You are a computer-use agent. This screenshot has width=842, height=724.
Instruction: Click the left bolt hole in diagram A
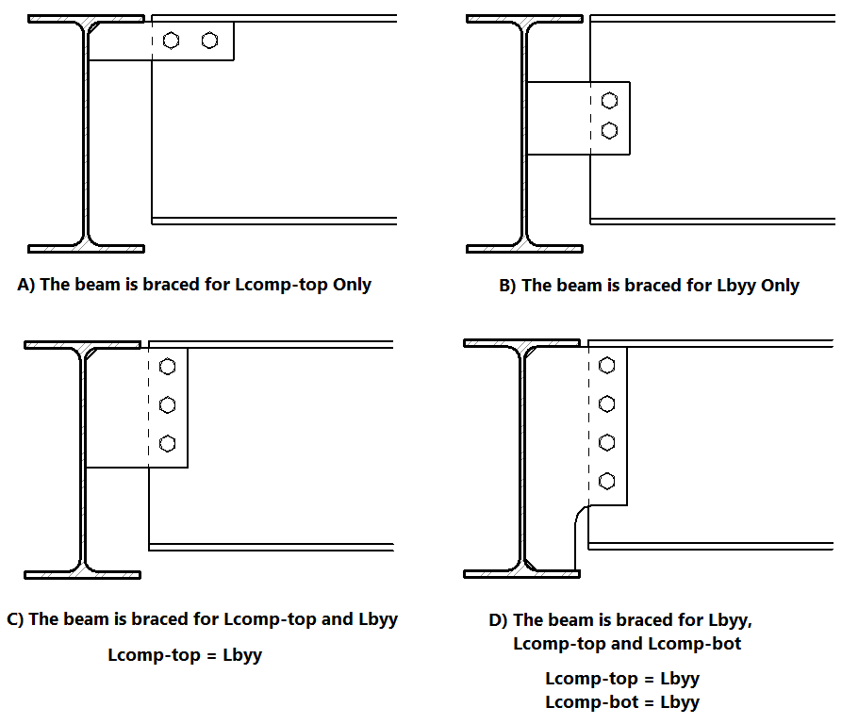click(171, 41)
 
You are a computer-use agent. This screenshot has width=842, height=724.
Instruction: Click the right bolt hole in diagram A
click(209, 41)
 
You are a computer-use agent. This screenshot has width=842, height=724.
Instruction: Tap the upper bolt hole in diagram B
click(609, 100)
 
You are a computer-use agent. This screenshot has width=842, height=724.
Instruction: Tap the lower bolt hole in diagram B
click(609, 130)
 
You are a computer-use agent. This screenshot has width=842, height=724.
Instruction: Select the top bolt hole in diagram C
click(168, 367)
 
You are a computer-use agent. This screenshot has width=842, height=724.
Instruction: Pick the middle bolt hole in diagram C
click(168, 404)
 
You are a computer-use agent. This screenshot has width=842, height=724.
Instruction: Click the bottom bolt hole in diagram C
click(168, 442)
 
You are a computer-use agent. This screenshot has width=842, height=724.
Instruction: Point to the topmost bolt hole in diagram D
click(607, 366)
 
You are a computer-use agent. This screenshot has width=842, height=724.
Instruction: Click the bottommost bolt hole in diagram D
click(607, 480)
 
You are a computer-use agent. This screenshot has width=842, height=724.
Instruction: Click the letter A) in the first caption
click(27, 285)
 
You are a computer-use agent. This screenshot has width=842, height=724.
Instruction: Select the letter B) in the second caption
click(507, 286)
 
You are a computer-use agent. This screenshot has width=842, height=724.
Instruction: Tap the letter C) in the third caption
click(15, 619)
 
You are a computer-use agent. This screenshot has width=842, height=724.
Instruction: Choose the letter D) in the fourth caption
click(498, 619)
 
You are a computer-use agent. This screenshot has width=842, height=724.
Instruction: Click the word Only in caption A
click(352, 285)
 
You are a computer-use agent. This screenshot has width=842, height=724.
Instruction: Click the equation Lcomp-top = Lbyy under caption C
click(185, 654)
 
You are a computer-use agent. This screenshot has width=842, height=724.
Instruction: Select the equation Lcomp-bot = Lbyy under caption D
click(622, 701)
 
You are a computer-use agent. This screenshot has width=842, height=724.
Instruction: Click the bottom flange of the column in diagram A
click(86, 249)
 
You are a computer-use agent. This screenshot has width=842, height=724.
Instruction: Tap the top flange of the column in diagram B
click(524, 18)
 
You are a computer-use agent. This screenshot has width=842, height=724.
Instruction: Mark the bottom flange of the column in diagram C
click(82, 574)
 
